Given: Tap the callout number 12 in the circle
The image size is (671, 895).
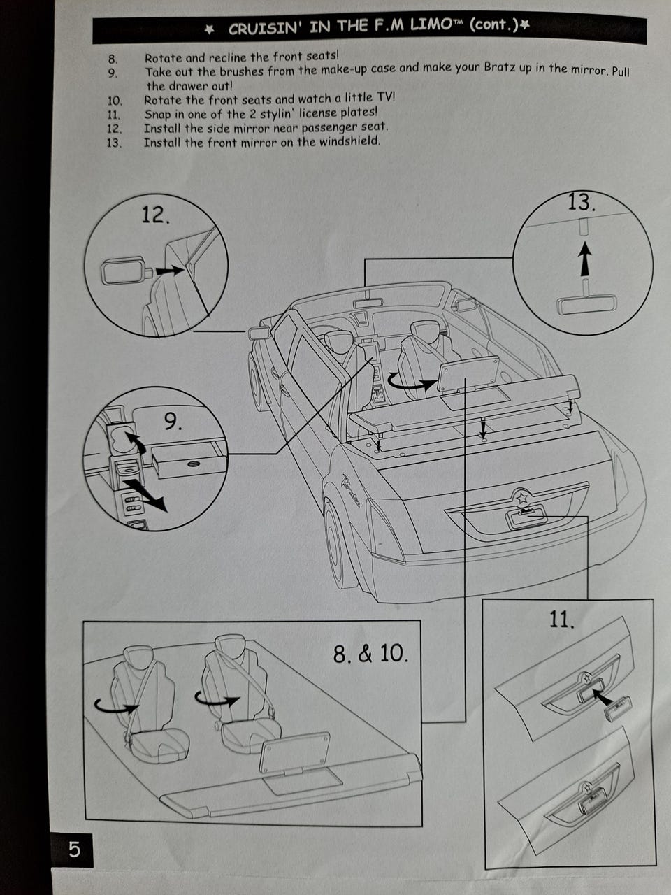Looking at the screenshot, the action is (x=155, y=215).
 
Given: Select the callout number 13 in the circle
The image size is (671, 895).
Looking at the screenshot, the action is (x=582, y=203).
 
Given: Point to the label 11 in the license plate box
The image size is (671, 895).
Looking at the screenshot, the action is (x=562, y=620).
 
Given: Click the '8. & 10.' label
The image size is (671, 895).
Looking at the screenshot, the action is (x=370, y=654).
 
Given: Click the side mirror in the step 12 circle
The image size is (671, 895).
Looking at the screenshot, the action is (x=127, y=271).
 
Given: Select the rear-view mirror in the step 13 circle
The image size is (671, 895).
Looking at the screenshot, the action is (x=586, y=299).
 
